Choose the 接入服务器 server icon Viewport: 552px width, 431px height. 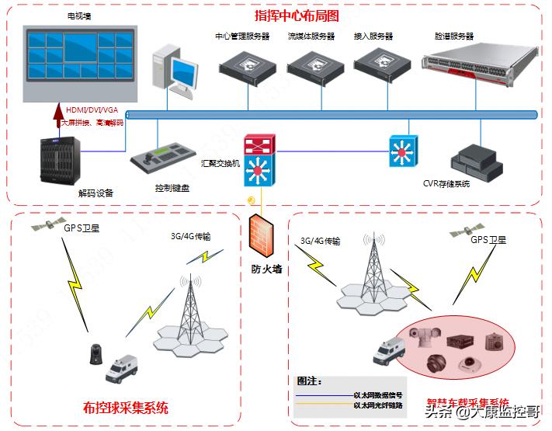[378, 65]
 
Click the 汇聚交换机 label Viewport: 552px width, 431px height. [220, 164]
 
